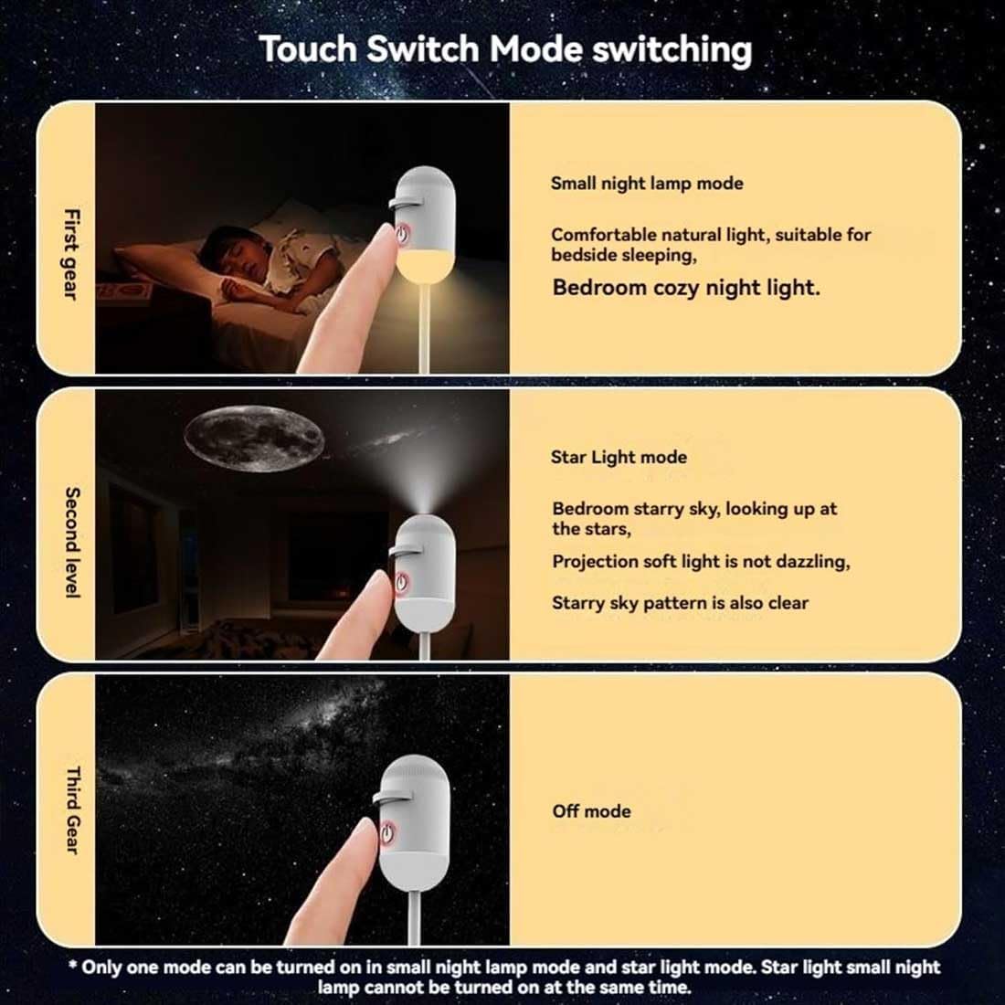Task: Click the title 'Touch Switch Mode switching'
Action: tap(505, 49)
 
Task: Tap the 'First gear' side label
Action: tap(72, 254)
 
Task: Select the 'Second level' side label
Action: tap(72, 542)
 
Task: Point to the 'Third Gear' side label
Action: tap(72, 810)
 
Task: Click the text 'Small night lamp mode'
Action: tap(647, 184)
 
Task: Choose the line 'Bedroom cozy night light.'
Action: tap(686, 287)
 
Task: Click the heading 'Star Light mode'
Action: tap(619, 457)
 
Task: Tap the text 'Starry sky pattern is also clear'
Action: tap(680, 602)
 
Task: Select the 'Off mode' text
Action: tap(591, 810)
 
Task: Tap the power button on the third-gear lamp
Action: tap(387, 832)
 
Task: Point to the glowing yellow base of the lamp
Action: tap(425, 264)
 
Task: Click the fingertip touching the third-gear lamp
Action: tap(365, 830)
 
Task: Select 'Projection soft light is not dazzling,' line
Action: tap(701, 562)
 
